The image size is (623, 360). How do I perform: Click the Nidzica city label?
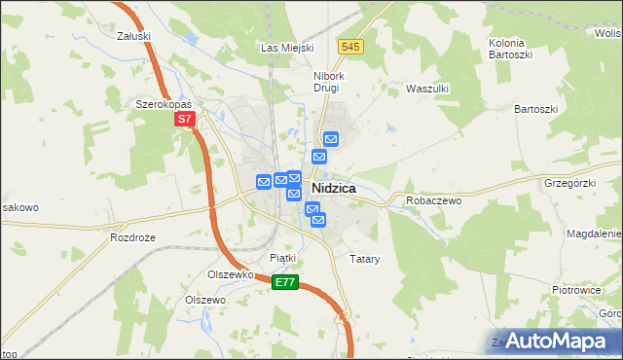click(333, 188)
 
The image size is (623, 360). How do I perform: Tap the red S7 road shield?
click(186, 121)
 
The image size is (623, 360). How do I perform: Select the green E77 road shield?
click(284, 282)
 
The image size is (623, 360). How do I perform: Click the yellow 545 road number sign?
click(351, 47)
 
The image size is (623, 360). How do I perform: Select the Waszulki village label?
click(426, 88)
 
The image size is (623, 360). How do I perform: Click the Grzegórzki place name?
click(570, 181)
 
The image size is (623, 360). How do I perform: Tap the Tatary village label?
click(364, 260)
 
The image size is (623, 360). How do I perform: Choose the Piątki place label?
click(282, 258)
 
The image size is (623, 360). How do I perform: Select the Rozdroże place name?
click(133, 237)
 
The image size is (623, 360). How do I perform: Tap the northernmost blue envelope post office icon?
click(330, 139)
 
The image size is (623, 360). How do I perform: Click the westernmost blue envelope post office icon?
click(263, 181)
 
